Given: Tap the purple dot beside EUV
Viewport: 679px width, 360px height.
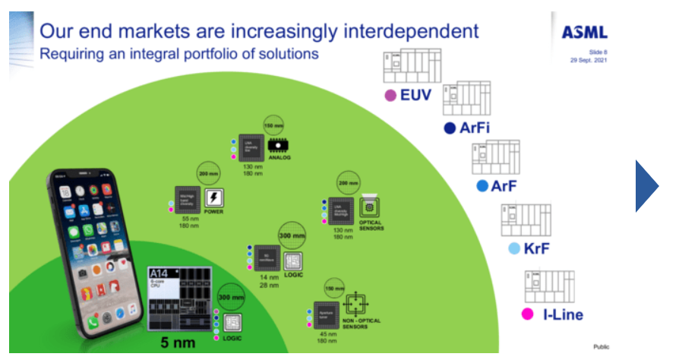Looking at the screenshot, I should (x=391, y=96).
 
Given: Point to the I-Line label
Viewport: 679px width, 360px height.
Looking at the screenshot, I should (x=563, y=314).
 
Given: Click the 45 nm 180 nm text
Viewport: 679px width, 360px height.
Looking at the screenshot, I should (x=327, y=337).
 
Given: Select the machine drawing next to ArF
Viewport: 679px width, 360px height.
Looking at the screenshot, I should (x=495, y=158).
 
